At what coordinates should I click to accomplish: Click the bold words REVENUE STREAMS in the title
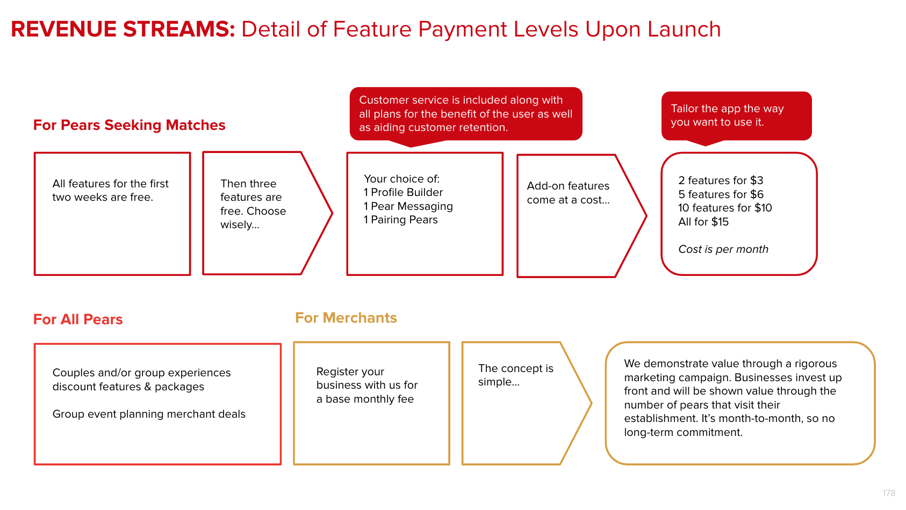click(123, 29)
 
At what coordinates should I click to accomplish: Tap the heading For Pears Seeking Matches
click(129, 125)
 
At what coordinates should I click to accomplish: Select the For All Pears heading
click(78, 319)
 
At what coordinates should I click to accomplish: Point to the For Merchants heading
click(346, 318)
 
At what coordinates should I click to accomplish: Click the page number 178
click(889, 493)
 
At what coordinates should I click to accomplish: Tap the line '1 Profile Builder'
click(403, 192)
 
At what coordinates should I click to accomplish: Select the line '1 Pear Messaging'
click(408, 206)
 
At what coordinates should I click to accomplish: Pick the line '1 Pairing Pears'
click(400, 220)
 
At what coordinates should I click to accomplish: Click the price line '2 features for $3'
click(721, 180)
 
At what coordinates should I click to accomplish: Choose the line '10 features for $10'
click(725, 208)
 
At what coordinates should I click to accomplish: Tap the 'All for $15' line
click(703, 222)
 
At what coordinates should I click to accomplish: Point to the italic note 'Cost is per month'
click(723, 249)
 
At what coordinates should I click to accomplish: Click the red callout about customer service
click(466, 114)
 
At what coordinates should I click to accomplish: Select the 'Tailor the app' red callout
click(737, 115)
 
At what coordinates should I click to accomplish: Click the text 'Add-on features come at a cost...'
click(569, 193)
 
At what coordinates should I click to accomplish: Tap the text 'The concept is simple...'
click(516, 375)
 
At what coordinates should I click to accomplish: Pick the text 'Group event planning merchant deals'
click(149, 414)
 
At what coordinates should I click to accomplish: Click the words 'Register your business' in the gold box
click(350, 378)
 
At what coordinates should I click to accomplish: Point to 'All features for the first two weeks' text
click(110, 191)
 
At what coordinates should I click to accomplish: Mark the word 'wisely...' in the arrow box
click(240, 225)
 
